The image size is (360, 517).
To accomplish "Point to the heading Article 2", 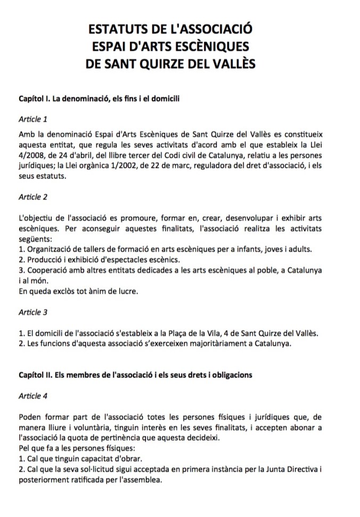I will (x=33, y=197).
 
